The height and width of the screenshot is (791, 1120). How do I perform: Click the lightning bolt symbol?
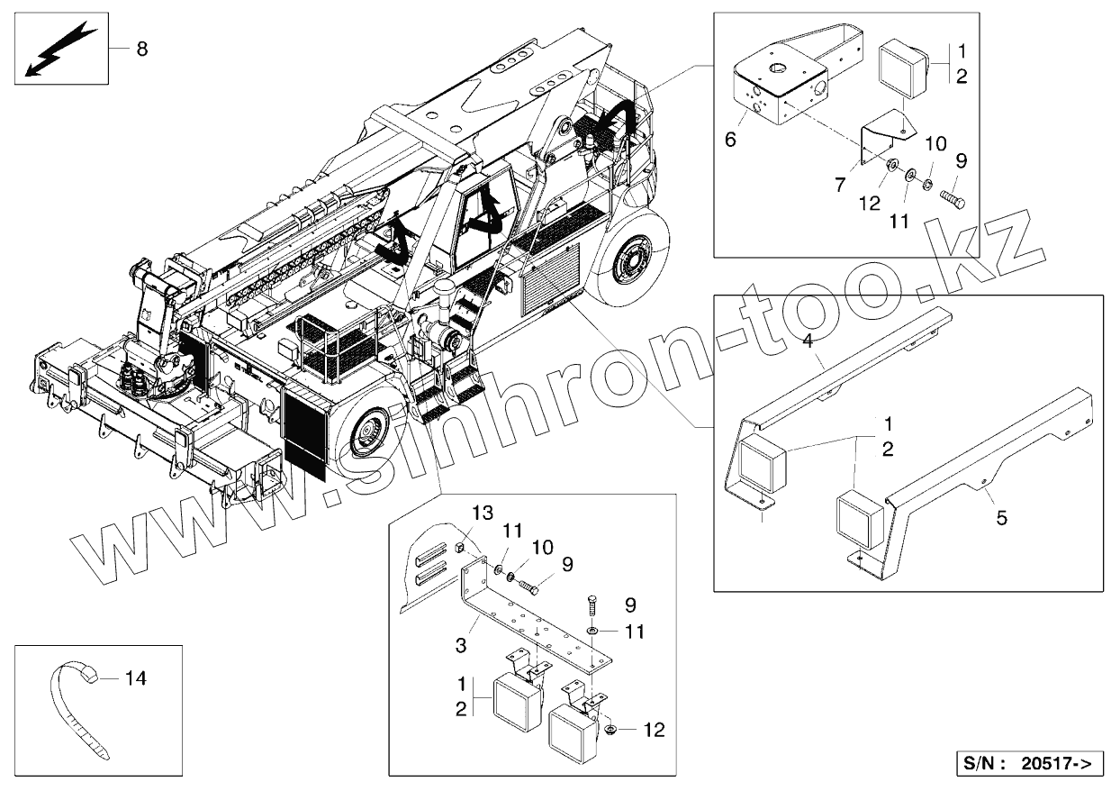point(58,50)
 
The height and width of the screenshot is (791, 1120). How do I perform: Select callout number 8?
point(142,49)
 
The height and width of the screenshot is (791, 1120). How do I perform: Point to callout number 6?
point(730,140)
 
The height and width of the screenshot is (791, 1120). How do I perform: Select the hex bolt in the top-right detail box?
point(953,196)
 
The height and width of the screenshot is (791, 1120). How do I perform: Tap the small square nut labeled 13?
point(458,547)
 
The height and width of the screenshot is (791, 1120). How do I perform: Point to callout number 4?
point(808,341)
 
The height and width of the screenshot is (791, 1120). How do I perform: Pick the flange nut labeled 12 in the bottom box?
point(610,729)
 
